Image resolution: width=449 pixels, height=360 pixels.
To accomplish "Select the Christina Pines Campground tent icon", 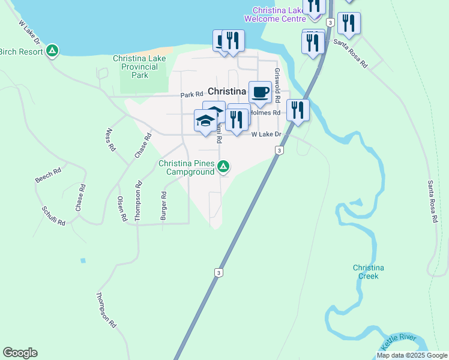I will pyautogui.click(x=223, y=166).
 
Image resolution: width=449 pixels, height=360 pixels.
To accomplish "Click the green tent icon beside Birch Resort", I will pyautogui.click(x=53, y=51).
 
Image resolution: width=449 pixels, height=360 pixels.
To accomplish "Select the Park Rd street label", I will pyautogui.click(x=192, y=95).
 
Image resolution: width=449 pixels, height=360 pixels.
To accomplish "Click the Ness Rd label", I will pyautogui.click(x=110, y=139).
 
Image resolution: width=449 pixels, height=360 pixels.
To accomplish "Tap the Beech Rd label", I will pyautogui.click(x=48, y=175).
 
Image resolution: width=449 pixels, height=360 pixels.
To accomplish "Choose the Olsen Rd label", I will pyautogui.click(x=122, y=209).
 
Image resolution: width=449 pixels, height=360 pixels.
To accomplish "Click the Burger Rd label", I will pyautogui.click(x=163, y=206).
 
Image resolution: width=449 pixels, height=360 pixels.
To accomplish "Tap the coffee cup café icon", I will pyautogui.click(x=260, y=92).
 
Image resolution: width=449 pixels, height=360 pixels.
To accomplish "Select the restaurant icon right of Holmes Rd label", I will pyautogui.click(x=297, y=110).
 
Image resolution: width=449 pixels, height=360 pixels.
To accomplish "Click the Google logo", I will pyautogui.click(x=20, y=353).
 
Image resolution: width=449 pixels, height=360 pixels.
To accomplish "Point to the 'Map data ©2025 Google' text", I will pyautogui.click(x=411, y=355).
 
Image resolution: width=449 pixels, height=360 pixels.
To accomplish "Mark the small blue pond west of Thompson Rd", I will pyautogui.click(x=82, y=260).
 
